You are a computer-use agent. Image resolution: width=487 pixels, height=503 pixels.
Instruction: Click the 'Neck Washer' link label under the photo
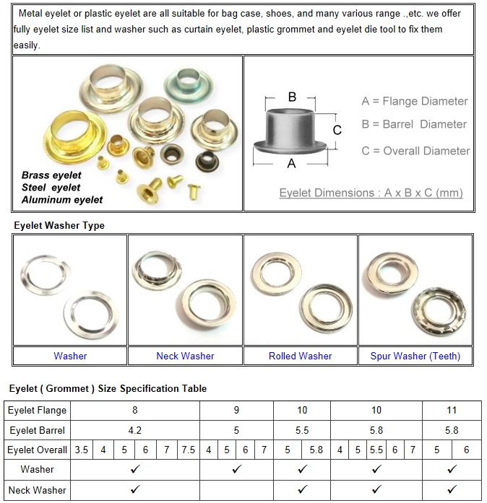tap(185, 356)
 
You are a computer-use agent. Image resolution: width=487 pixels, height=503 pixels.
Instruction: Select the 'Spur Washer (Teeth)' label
tap(415, 356)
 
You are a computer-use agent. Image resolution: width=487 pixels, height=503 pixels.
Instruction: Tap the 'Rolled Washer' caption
tap(300, 356)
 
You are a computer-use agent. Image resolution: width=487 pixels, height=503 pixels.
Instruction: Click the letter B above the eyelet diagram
tap(292, 97)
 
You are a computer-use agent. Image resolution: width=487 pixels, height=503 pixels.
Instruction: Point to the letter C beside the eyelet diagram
tap(337, 130)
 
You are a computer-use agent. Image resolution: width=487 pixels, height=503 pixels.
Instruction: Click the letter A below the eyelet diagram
tap(291, 164)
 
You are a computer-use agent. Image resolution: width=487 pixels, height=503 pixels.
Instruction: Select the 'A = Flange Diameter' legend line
tap(414, 101)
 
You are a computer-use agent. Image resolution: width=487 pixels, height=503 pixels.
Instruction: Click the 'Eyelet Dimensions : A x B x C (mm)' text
tap(371, 193)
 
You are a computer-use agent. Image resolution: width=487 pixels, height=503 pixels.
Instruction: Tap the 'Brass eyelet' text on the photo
tap(51, 175)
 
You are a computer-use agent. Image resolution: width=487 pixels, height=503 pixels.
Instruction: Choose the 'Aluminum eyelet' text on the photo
tap(62, 199)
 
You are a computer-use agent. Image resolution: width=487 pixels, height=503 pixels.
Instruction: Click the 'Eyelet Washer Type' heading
tap(59, 226)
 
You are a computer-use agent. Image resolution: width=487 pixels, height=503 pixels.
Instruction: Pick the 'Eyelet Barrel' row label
tap(37, 430)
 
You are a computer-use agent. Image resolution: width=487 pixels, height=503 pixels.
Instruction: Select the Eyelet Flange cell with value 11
tap(452, 410)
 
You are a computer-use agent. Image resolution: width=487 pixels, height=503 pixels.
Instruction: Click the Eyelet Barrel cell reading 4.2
tap(134, 430)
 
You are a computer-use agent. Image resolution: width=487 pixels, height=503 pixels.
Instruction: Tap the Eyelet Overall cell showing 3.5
tap(81, 450)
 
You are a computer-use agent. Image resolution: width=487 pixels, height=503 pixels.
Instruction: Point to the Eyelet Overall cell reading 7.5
tap(188, 450)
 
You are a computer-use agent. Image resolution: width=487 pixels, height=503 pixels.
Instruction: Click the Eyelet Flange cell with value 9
tap(236, 410)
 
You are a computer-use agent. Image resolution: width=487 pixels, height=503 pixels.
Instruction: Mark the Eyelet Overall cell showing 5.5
tap(376, 450)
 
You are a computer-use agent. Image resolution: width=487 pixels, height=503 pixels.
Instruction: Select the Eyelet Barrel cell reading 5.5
tap(302, 430)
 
